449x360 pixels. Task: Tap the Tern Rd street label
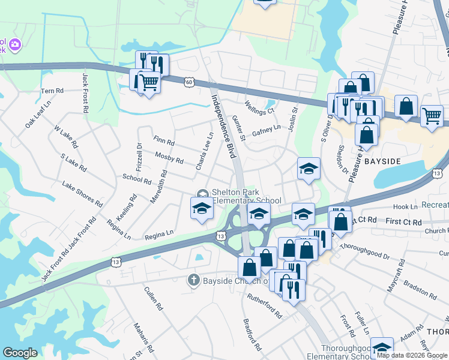click(x=52, y=91)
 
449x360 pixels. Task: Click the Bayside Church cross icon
click(x=193, y=280)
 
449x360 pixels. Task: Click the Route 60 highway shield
click(x=190, y=81)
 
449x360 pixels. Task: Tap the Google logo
click(x=20, y=353)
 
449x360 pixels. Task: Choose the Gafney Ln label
click(x=267, y=131)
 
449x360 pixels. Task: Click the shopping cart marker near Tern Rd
click(x=149, y=85)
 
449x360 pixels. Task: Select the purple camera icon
click(x=15, y=44)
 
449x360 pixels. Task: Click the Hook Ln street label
click(x=405, y=207)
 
